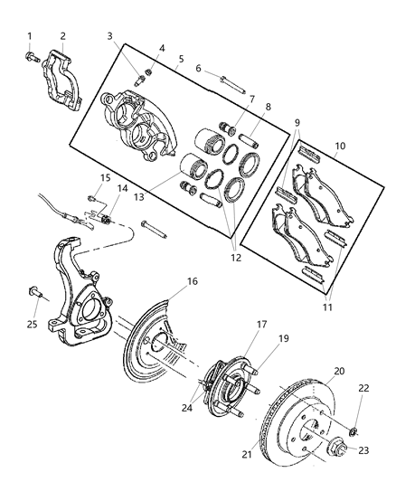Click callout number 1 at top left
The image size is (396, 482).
29,36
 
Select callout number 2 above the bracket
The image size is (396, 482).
62,36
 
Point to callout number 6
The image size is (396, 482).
197,69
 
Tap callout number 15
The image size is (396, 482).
106,177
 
